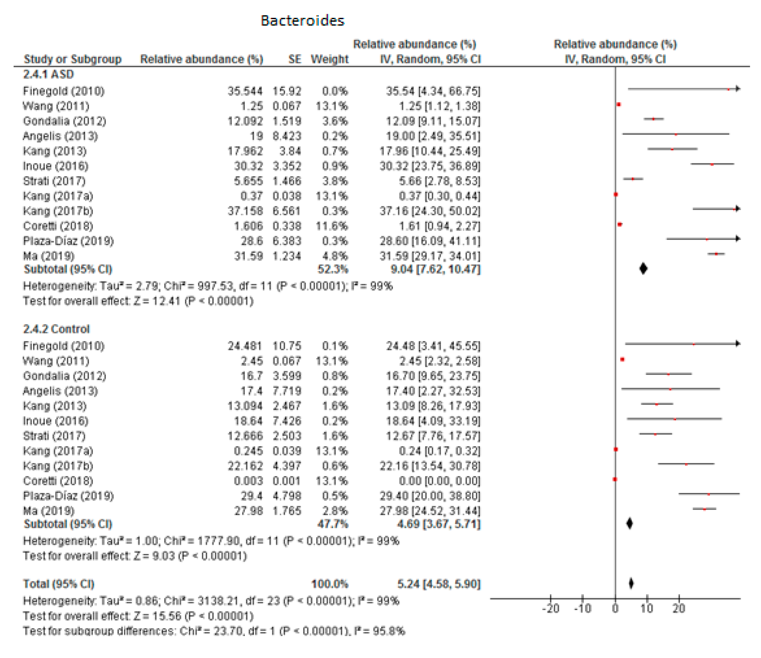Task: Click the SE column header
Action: (294, 59)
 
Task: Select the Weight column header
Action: (329, 59)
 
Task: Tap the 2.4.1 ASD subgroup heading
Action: (48, 75)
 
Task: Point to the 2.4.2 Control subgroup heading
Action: (56, 329)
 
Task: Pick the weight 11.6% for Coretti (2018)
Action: (332, 226)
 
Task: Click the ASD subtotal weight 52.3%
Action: (333, 269)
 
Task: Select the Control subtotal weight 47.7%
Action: (333, 524)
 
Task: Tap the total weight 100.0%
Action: (329, 584)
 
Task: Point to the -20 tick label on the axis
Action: (551, 609)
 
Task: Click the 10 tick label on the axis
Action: (647, 609)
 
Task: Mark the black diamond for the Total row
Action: (631, 583)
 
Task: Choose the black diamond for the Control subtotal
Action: (630, 524)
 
